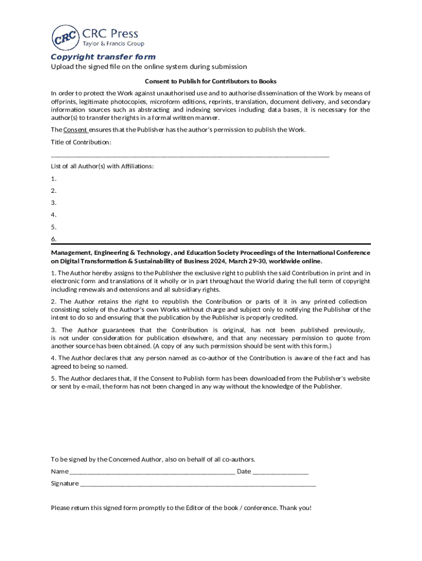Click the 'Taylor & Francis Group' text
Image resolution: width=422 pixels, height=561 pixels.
[113, 44]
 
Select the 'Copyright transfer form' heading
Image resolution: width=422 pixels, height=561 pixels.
[103, 57]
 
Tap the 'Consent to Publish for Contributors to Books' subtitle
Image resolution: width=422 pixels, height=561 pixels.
[210, 81]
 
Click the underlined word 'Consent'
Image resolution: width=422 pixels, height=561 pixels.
[75, 130]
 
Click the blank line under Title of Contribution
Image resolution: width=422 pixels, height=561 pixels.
[190, 156]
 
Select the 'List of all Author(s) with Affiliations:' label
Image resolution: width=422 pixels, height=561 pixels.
[102, 166]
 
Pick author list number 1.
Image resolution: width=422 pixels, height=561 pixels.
[54, 179]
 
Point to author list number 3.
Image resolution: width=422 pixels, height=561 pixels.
[54, 203]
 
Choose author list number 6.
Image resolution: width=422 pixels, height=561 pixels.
[54, 239]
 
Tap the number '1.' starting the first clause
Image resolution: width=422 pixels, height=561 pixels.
[54, 273]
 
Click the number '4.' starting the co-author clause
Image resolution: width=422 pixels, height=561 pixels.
[54, 358]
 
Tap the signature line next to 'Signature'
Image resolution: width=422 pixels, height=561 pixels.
[198, 484]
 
